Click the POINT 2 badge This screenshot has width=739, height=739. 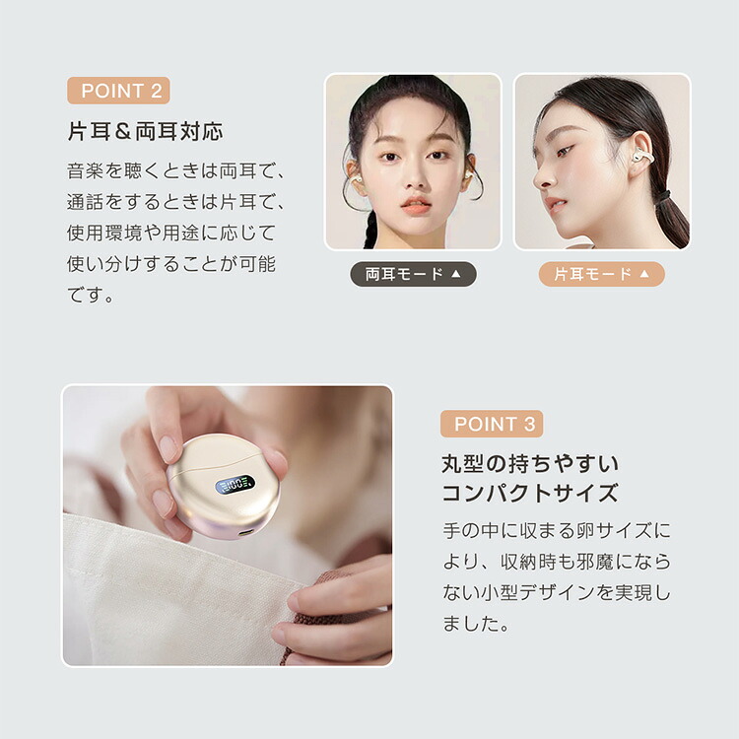(119, 91)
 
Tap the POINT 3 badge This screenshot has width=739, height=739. (492, 424)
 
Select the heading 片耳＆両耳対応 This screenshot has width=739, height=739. (145, 131)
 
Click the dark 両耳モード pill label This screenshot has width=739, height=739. (413, 274)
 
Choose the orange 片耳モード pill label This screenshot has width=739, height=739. (602, 274)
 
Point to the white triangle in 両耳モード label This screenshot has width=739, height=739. (456, 274)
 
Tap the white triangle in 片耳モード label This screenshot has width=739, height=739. (644, 274)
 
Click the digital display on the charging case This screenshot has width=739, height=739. (235, 485)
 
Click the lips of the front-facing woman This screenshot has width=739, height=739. (416, 205)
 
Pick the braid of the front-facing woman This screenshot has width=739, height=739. (369, 231)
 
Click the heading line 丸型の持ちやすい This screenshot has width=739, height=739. (530, 464)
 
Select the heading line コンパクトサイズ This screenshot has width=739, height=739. (530, 493)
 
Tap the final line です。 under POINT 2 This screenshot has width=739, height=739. (91, 296)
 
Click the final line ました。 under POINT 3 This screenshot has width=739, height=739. (476, 624)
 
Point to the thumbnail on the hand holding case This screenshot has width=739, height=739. (167, 448)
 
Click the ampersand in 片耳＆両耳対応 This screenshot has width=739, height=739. (122, 132)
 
